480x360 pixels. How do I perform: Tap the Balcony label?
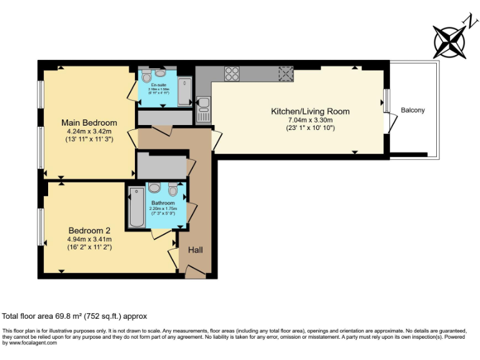click(x=412, y=111)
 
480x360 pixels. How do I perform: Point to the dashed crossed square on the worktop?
click(x=286, y=73)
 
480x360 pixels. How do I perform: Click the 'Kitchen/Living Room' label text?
click(x=309, y=112)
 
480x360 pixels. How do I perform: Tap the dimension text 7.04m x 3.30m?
click(x=309, y=120)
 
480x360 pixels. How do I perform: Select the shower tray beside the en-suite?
click(x=184, y=91)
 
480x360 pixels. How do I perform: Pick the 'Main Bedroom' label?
click(x=89, y=122)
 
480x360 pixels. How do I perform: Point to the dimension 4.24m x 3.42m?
click(x=89, y=131)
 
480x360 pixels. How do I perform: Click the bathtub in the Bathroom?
click(x=136, y=206)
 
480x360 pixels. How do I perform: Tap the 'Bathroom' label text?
click(x=164, y=203)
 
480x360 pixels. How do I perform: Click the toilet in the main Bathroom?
click(x=173, y=189)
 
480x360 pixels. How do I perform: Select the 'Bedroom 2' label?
click(x=89, y=229)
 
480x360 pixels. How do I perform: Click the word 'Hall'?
click(x=196, y=250)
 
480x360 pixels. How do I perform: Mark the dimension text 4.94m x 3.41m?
click(x=89, y=239)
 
